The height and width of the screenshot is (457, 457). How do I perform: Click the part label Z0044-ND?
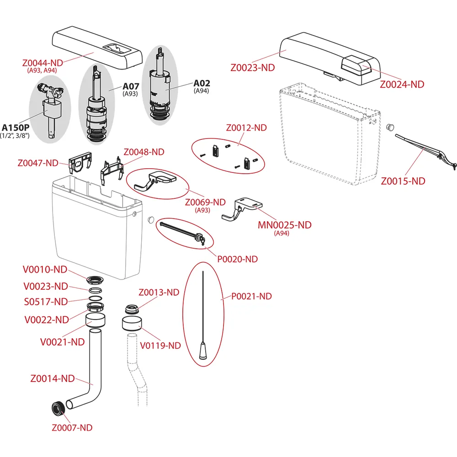tap(42, 63)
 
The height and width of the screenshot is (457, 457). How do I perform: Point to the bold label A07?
tap(131, 85)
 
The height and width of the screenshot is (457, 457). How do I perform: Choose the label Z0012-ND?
tap(246, 128)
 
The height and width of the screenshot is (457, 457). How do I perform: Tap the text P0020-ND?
tap(237, 259)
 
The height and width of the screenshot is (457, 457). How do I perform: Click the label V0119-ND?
tap(160, 345)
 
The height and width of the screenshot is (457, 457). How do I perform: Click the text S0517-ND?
tap(45, 302)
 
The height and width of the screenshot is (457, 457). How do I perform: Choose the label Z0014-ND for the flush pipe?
tap(52, 378)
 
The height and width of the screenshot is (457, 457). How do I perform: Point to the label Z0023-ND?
tap(253, 68)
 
